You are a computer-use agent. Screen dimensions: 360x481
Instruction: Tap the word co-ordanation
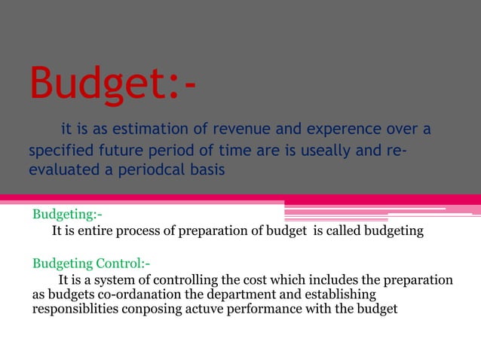pos(131,294)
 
